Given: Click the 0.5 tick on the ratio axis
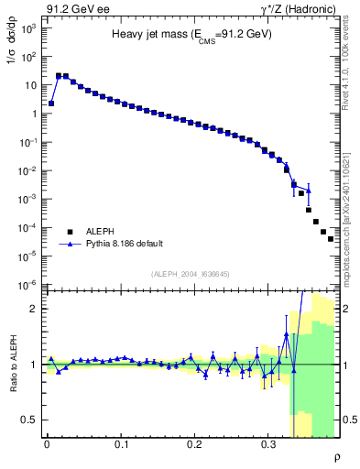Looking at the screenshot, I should [29, 420].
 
